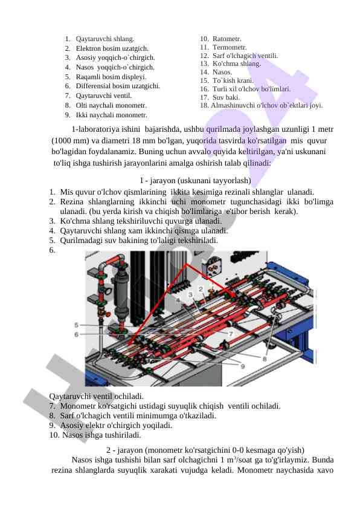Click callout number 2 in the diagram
pyautogui.click(x=201, y=289)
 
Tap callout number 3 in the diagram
pyautogui.click(x=190, y=295)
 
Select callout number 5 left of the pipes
pyautogui.click(x=76, y=325)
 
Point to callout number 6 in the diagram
pyautogui.click(x=76, y=334)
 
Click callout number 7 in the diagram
pyautogui.click(x=231, y=334)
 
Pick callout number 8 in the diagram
pyautogui.click(x=265, y=359)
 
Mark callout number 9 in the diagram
pyautogui.click(x=243, y=366)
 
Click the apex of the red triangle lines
pyautogui.click(x=186, y=265)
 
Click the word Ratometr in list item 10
pyautogui.click(x=227, y=39)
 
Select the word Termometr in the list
pyautogui.click(x=230, y=47)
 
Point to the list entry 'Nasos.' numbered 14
pyautogui.click(x=222, y=72)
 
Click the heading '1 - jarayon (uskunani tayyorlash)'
pyautogui.click(x=195, y=181)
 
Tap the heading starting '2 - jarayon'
pyautogui.click(x=205, y=450)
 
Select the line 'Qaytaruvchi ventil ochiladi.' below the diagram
pyautogui.click(x=96, y=397)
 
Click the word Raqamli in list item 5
pyautogui.click(x=88, y=77)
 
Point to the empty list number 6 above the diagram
pyautogui.click(x=52, y=250)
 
